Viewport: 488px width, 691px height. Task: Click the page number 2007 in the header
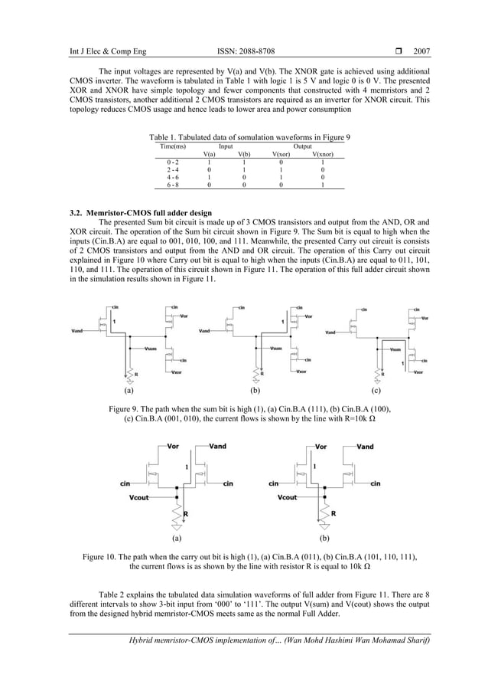pos(421,52)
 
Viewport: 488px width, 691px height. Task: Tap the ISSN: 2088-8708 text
pos(244,52)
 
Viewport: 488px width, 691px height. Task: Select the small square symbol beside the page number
pos(397,52)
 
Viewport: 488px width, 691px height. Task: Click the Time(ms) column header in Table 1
pos(173,145)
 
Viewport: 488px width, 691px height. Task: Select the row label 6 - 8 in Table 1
pos(173,185)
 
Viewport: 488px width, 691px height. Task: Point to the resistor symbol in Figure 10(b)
pos(327,512)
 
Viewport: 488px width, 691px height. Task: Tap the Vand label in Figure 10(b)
pos(365,446)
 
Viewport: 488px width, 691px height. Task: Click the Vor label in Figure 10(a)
pos(174,446)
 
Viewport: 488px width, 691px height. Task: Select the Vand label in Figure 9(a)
pos(78,332)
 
